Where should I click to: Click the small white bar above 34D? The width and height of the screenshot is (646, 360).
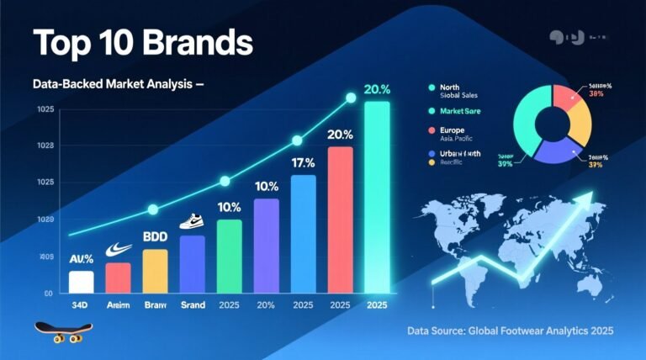[x=81, y=282]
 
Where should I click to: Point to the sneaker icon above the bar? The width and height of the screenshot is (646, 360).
[x=193, y=221]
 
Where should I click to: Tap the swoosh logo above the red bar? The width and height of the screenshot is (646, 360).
[x=118, y=250]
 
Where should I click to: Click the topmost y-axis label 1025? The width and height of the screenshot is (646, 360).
[x=45, y=110]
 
